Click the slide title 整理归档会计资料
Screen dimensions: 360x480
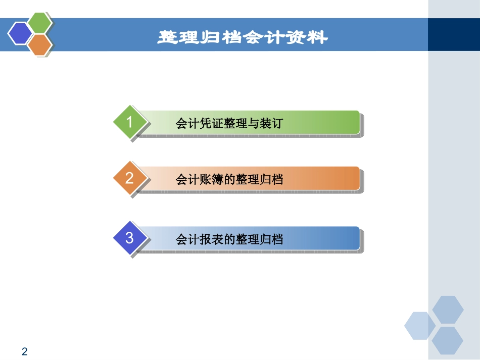point(243,37)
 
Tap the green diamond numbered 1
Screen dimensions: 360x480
point(130,122)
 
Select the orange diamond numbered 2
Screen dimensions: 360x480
point(130,178)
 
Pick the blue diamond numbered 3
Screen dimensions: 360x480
point(130,238)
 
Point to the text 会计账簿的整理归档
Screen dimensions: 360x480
point(229,180)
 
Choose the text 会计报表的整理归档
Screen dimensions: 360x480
point(229,239)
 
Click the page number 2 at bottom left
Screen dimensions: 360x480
point(25,351)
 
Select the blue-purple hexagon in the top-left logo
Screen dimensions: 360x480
point(19,34)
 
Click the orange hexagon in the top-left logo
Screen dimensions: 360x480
point(40,45)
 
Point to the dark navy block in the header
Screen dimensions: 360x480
point(453,34)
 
